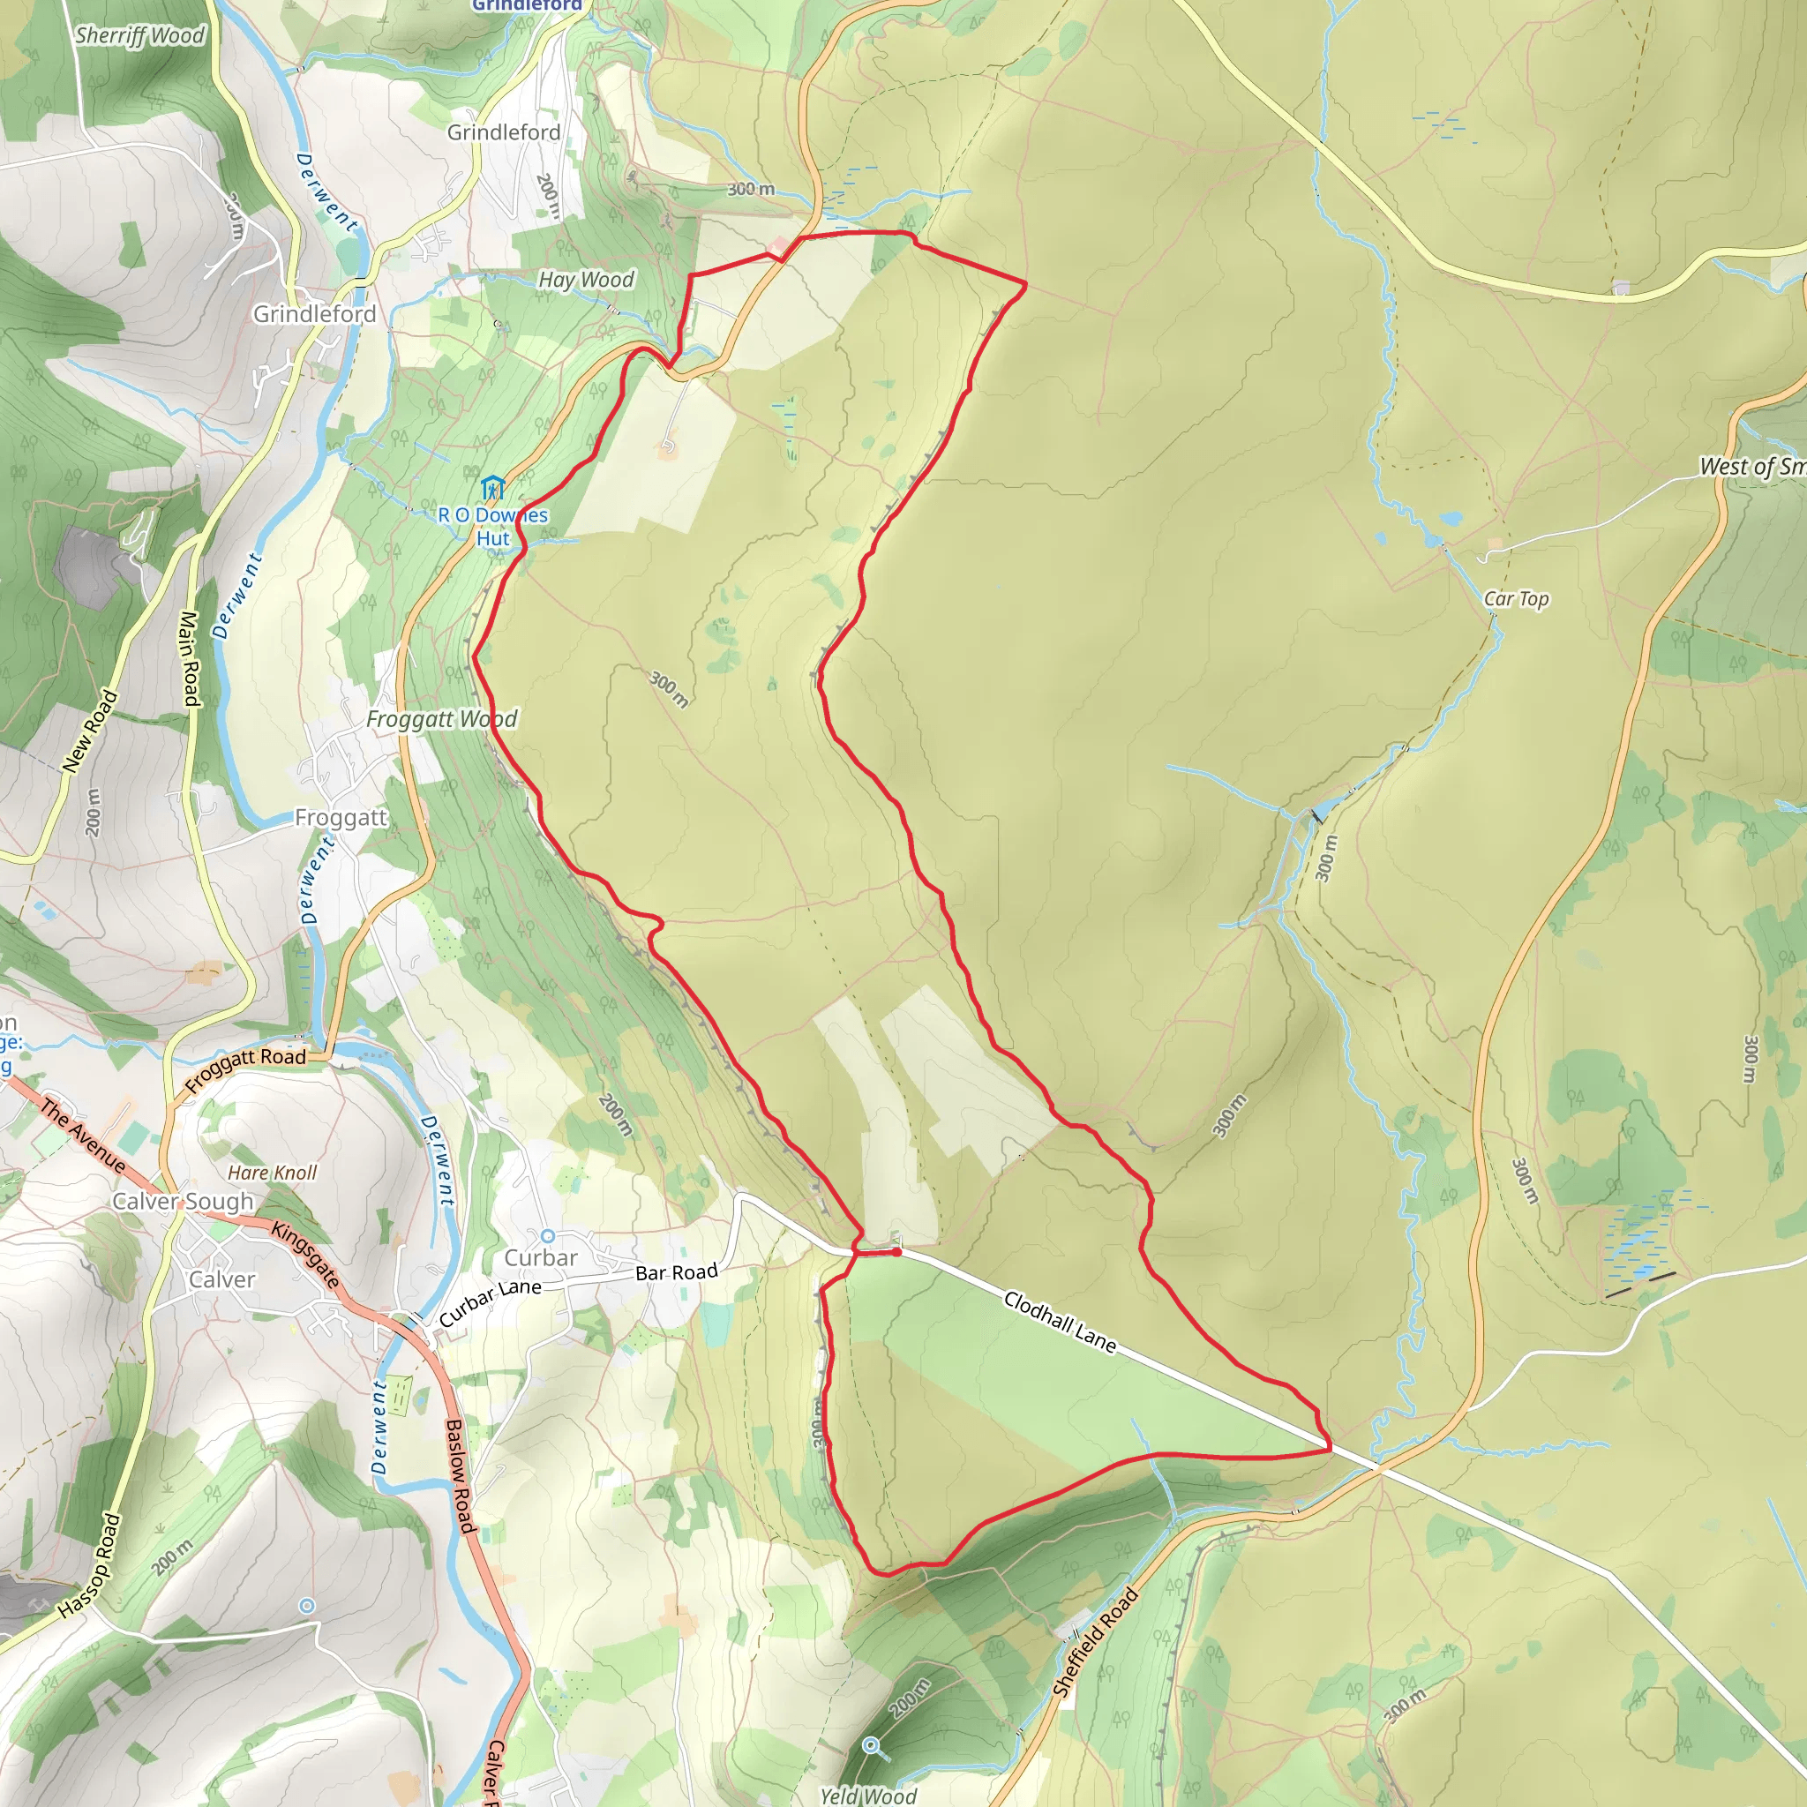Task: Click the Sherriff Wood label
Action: (x=140, y=35)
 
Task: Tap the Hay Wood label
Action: (x=587, y=280)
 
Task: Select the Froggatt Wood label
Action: (x=441, y=719)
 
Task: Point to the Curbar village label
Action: (x=541, y=1259)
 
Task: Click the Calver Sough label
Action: (x=184, y=1202)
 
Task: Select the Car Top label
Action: (x=1516, y=598)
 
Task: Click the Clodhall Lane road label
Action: (x=1060, y=1322)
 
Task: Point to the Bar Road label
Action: (x=676, y=1273)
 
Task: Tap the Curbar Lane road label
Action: (x=490, y=1302)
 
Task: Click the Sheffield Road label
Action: (x=1095, y=1642)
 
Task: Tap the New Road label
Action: (x=91, y=731)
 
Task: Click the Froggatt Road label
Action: (x=245, y=1070)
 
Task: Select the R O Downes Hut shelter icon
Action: (x=492, y=487)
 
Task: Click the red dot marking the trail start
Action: (x=896, y=1251)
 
